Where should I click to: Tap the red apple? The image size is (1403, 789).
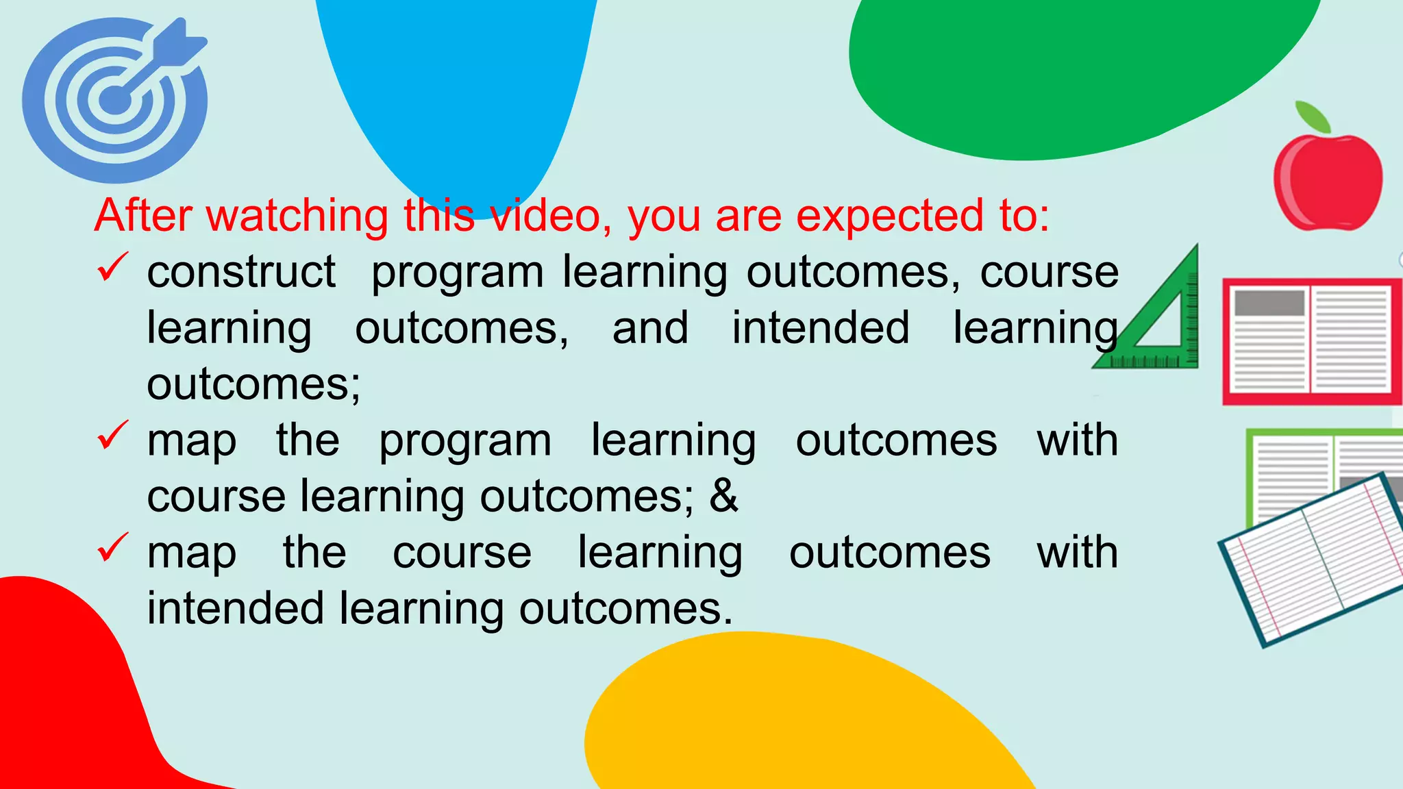click(x=1328, y=182)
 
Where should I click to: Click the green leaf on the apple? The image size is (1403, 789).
click(x=1313, y=116)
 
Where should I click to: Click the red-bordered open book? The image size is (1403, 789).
click(x=1311, y=340)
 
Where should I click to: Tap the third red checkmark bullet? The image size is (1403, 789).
click(x=112, y=547)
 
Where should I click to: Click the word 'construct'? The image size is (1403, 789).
click(x=241, y=272)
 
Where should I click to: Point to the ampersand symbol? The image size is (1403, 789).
click(x=724, y=495)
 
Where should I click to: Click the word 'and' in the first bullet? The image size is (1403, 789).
click(x=650, y=328)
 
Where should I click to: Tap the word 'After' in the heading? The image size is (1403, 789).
click(x=143, y=216)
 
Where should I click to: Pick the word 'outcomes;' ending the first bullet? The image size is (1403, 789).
click(x=253, y=384)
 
